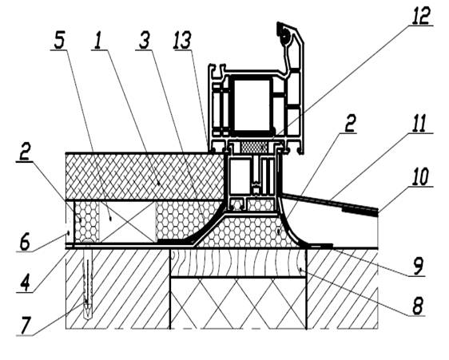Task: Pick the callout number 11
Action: [x=419, y=124]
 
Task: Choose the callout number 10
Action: [x=420, y=176]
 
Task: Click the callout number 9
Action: [x=418, y=266]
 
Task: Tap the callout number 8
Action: [x=418, y=306]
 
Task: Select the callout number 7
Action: [x=26, y=326]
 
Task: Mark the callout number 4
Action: [x=26, y=283]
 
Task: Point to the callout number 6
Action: [x=24, y=242]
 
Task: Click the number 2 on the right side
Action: [x=350, y=124]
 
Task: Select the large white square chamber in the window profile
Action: [x=252, y=105]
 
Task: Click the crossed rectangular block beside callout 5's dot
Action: [x=127, y=220]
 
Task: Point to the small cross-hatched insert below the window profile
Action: [x=253, y=148]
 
